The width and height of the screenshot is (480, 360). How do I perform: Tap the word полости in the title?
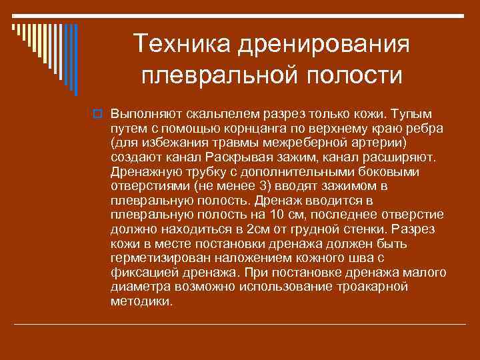pos(353,75)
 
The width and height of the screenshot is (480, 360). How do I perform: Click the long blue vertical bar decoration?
pos(75,59)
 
